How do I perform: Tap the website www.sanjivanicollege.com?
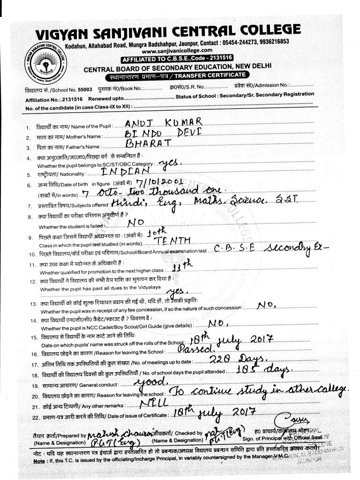(177, 50)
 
